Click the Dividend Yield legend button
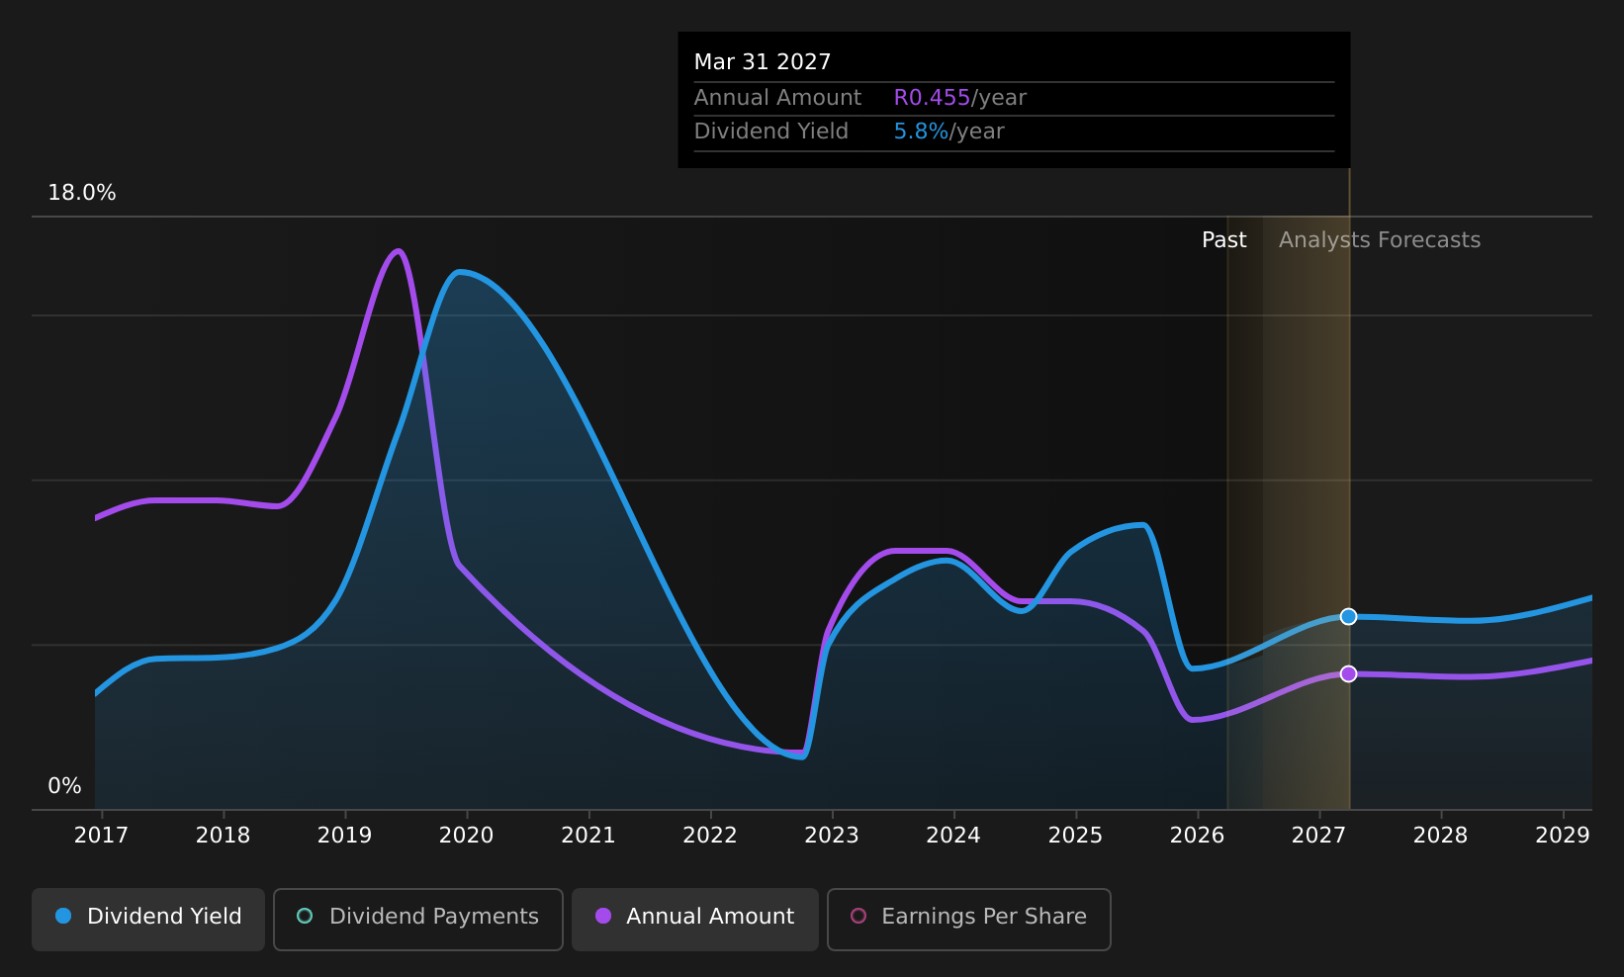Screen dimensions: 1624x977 [148, 919]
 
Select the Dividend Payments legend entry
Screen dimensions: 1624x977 [418, 919]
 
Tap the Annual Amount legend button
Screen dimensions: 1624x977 [695, 919]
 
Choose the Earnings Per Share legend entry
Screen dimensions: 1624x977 [968, 919]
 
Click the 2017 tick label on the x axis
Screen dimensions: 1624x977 [102, 836]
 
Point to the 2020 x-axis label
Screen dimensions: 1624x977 [466, 836]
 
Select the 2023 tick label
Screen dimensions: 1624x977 [832, 836]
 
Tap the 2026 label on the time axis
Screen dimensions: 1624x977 [1197, 836]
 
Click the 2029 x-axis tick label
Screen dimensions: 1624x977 [1563, 836]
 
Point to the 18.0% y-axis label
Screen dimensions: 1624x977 [82, 193]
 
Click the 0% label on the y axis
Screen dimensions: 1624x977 [64, 786]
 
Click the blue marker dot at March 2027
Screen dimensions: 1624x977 [1348, 617]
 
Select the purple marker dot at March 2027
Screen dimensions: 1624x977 [1348, 674]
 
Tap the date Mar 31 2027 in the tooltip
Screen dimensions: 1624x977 [762, 62]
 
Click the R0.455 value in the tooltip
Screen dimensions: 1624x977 [932, 98]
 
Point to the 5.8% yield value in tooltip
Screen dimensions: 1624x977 [921, 132]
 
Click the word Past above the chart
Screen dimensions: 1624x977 [1223, 240]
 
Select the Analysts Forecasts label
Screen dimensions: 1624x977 [1380, 240]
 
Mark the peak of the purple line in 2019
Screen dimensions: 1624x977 [398, 251]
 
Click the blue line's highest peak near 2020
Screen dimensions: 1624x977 [459, 273]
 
